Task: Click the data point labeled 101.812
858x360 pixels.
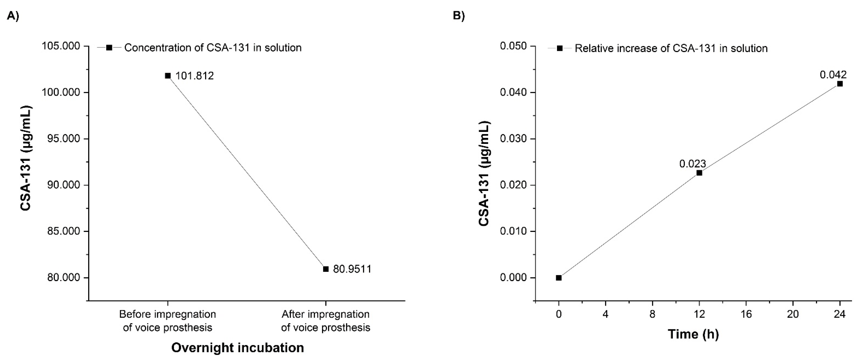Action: point(168,76)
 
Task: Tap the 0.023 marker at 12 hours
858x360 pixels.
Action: point(699,173)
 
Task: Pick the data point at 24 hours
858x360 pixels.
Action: point(840,84)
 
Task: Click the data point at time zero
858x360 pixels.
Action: point(559,278)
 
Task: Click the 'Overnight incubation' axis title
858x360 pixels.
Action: point(238,348)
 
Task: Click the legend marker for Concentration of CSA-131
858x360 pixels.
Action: point(109,48)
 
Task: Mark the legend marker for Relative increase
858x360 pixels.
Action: point(560,48)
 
